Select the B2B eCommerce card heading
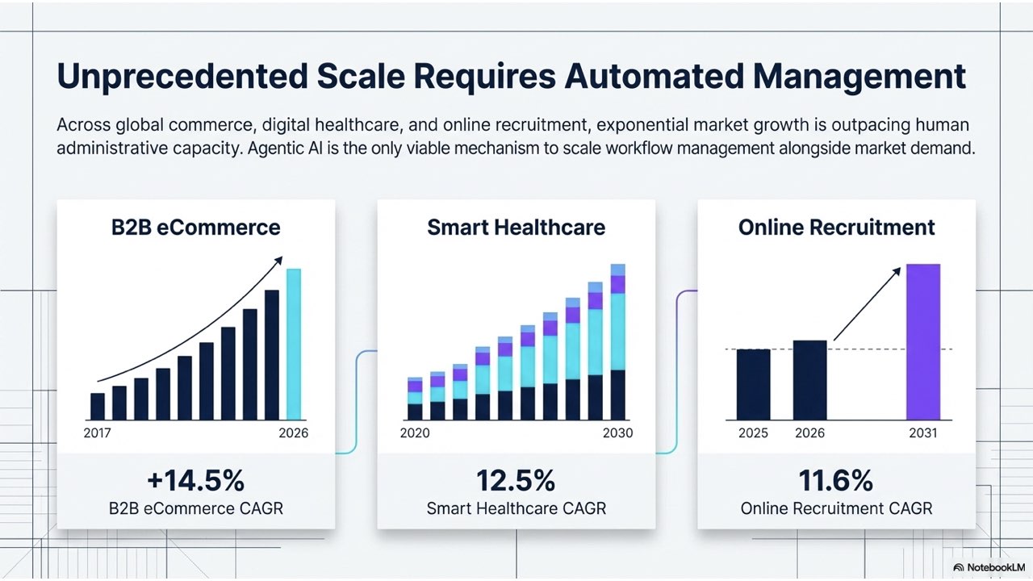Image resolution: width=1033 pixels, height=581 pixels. point(196,228)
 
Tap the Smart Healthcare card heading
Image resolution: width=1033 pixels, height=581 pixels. point(516,228)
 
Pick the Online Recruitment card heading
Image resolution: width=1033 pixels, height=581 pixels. point(836,228)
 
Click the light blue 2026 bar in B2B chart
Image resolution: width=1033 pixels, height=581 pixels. point(294,344)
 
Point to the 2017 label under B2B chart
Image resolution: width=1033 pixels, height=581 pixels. point(98,433)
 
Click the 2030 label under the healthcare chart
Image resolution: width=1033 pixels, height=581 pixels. point(617,433)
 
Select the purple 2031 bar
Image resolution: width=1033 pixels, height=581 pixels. point(923,341)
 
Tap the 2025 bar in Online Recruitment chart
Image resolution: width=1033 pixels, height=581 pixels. point(753,384)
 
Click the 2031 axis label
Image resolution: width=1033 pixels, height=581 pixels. point(923,433)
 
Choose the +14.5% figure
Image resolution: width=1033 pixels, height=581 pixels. point(196,481)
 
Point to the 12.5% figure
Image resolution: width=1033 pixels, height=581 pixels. point(516,481)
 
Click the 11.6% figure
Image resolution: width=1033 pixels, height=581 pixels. point(836,481)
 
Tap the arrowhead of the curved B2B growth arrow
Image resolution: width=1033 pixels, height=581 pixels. point(279,259)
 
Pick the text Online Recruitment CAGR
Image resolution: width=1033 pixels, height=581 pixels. point(836,509)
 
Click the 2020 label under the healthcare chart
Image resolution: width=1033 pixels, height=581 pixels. point(415,433)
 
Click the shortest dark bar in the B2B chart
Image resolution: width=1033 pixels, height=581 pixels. point(98,406)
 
